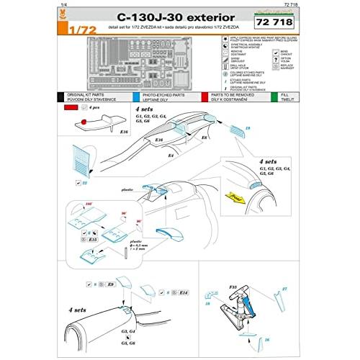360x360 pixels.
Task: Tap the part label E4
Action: coord(170,154)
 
